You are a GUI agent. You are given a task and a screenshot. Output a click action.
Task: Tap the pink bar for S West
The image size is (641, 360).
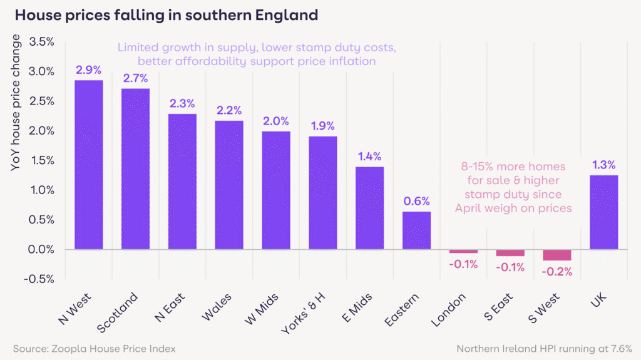click(x=556, y=255)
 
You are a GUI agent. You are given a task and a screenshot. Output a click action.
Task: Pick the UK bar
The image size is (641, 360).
click(x=603, y=212)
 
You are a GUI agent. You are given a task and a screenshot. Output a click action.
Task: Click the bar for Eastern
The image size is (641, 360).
click(x=416, y=230)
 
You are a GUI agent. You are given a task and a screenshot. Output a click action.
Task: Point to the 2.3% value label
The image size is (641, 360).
click(x=182, y=103)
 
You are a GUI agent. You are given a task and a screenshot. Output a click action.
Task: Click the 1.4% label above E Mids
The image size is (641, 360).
click(x=369, y=157)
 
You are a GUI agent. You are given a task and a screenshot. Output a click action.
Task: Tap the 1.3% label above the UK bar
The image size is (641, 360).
click(x=603, y=165)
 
